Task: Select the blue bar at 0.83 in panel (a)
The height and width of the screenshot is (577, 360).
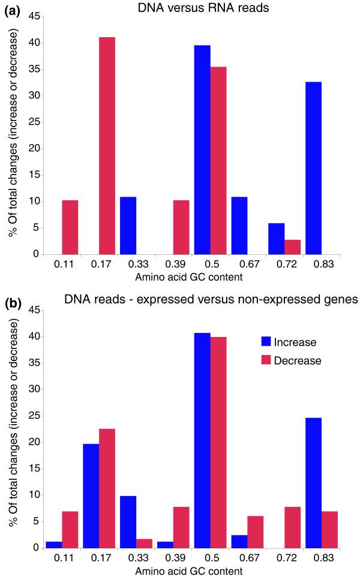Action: (331, 168)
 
